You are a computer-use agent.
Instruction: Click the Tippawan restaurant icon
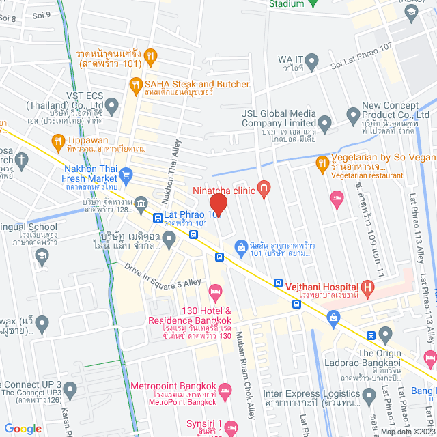[57, 141]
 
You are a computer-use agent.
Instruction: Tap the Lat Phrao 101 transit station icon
[158, 218]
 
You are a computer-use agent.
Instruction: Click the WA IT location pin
[311, 64]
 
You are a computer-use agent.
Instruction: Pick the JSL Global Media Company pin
[324, 125]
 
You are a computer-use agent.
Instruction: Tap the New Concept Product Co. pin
[352, 113]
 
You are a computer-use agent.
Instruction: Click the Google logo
[23, 428]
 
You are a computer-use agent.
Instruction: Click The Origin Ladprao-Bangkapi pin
[385, 335]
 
